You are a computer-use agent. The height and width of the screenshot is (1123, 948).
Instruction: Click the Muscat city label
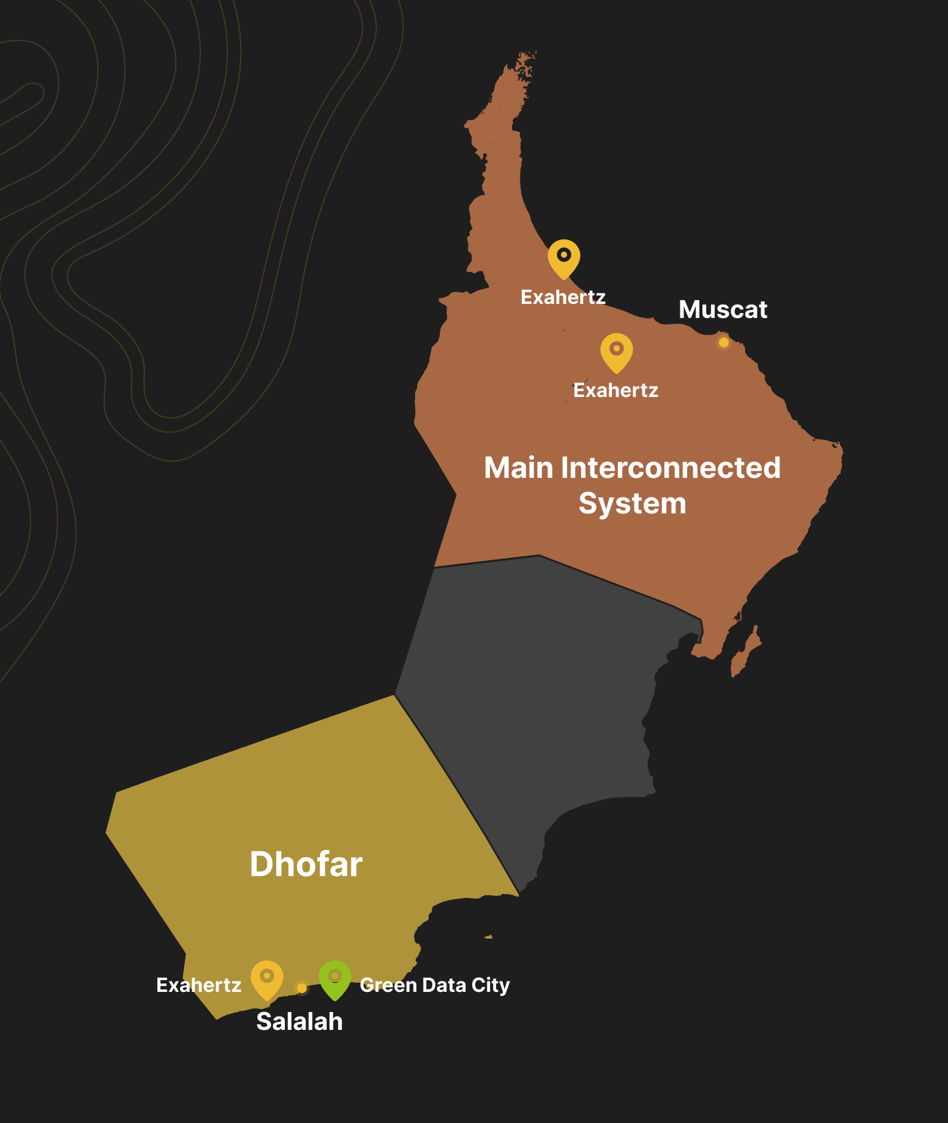coord(723,309)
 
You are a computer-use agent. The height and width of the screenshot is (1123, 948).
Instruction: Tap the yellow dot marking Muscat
coord(724,342)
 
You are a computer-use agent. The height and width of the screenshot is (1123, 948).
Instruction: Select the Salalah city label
coord(299,1021)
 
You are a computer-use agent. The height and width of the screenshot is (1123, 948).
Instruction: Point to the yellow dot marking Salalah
coord(302,988)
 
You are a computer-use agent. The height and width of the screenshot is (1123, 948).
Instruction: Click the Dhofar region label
coord(306,864)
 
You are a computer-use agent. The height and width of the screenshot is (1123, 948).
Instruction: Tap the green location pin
coord(334,977)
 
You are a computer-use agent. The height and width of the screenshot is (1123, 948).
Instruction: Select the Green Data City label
coord(435,985)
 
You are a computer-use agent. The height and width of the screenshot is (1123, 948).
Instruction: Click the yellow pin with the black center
coord(563,257)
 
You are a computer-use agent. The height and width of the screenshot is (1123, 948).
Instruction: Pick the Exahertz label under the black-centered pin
coord(563,297)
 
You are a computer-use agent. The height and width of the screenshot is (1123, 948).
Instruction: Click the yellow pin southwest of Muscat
coord(616,350)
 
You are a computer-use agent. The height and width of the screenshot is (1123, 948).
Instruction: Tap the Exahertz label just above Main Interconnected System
coord(615,390)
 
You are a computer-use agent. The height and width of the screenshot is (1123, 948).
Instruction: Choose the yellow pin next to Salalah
coord(267,977)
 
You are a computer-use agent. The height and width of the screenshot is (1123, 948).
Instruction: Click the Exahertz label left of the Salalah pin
coord(199,985)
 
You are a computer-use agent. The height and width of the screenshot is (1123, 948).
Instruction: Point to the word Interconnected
coord(671,467)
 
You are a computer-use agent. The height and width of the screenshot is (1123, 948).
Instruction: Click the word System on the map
coord(632,504)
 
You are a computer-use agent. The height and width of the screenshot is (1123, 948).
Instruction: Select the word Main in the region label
coord(519,467)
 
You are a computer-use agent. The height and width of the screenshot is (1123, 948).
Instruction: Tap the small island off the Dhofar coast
coord(488,937)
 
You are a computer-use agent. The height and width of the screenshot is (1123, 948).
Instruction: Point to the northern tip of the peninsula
coord(524,58)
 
